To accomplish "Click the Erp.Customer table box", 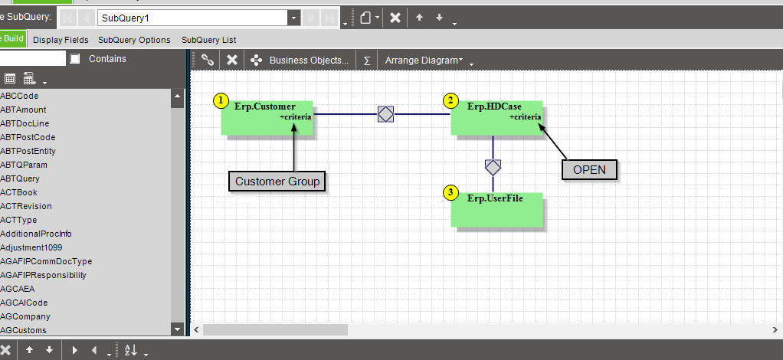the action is click(x=267, y=118).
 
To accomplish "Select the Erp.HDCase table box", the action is click(x=497, y=118).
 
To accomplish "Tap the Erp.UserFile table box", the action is click(x=497, y=210).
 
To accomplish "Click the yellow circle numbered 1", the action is click(x=221, y=101).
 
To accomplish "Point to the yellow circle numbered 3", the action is click(x=451, y=193).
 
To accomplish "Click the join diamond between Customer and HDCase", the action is click(x=385, y=114).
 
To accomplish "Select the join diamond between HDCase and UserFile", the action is click(x=493, y=167).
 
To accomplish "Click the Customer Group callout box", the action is click(x=277, y=182).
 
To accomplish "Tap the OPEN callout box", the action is click(x=589, y=170).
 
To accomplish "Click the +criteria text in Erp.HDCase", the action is click(x=525, y=117).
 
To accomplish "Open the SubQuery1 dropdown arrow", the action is click(x=293, y=18).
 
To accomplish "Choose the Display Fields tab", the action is click(x=61, y=40).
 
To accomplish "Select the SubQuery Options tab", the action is click(x=134, y=40).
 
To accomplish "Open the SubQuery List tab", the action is click(x=208, y=40).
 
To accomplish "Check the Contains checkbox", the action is click(x=75, y=59).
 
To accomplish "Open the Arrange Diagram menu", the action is click(x=424, y=61).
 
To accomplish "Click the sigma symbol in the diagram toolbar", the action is click(x=367, y=61).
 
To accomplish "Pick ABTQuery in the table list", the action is click(x=20, y=178).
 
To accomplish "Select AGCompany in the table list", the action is click(x=25, y=316).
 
